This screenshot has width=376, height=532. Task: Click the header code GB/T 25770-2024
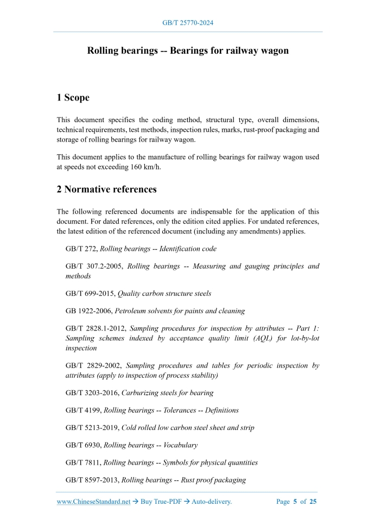pos(188,23)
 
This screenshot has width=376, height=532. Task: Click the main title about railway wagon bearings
pos(188,50)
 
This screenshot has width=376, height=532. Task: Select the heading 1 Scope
pos(73,98)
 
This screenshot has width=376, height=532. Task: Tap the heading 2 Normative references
pos(106,189)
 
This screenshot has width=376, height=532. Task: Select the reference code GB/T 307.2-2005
pos(93,267)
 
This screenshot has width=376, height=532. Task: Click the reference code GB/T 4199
pos(83,410)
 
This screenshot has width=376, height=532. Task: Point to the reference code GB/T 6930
pos(83,445)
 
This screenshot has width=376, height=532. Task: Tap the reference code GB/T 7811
pos(83,463)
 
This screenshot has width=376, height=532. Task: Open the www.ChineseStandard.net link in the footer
pos(93,502)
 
